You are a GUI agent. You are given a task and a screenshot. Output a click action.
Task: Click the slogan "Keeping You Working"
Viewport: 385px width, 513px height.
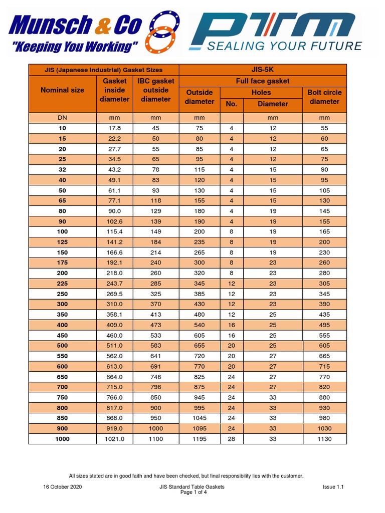tap(75, 47)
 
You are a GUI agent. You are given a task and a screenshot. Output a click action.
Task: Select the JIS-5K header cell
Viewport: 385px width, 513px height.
tap(263, 69)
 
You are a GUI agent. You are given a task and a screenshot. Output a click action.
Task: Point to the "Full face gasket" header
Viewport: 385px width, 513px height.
tap(263, 81)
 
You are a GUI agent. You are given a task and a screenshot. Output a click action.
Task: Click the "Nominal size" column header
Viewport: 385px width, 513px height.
tap(62, 90)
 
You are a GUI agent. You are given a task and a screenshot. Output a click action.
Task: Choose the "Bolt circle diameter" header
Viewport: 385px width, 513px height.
tap(324, 97)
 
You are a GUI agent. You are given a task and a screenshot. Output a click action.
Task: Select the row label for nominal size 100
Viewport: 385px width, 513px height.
tap(62, 232)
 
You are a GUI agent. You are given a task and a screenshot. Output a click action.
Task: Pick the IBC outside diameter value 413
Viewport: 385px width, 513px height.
tap(156, 315)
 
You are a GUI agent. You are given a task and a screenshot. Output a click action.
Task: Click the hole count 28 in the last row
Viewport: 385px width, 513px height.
tap(231, 439)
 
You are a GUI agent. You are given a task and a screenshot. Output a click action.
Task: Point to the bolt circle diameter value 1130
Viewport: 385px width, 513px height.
tap(324, 439)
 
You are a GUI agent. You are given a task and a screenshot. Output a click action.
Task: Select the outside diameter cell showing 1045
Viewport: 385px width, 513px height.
tap(200, 418)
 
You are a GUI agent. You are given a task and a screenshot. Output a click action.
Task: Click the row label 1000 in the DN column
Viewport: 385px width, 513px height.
tap(62, 439)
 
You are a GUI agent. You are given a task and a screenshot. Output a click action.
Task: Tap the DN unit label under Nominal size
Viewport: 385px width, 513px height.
tap(62, 118)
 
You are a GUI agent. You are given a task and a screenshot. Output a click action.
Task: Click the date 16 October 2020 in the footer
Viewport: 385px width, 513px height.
tap(62, 486)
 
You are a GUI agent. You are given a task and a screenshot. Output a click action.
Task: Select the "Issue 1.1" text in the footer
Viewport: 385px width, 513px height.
tap(333, 486)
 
